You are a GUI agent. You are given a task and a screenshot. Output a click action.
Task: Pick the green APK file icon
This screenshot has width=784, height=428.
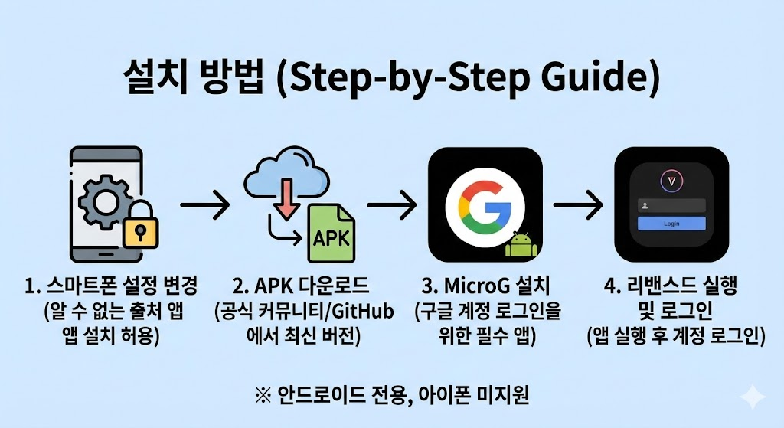(331, 234)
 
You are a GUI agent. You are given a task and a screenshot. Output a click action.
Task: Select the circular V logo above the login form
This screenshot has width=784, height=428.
(671, 181)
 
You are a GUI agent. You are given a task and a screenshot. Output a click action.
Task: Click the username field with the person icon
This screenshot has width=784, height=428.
(671, 205)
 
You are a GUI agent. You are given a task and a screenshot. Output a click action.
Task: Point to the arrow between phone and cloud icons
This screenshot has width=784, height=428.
(204, 204)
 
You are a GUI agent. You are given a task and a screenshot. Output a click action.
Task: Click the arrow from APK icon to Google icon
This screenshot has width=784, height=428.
(392, 204)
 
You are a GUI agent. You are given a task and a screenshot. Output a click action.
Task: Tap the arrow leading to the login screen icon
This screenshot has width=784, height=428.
(579, 204)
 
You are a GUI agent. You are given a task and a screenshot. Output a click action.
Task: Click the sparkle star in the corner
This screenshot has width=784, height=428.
(752, 397)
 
